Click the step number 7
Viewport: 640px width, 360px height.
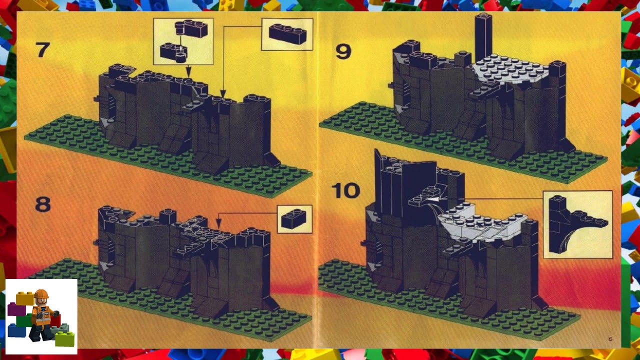[43, 49]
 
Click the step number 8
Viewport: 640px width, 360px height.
[43, 204]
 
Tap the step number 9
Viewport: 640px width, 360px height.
[343, 51]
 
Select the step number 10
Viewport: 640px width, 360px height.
[345, 190]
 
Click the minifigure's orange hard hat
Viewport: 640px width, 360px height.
[41, 293]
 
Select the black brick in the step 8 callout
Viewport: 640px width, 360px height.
[293, 218]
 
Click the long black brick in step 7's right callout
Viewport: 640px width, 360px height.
[287, 34]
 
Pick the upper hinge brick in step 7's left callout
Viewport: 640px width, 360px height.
[191, 28]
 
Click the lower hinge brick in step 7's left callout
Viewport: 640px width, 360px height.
[173, 52]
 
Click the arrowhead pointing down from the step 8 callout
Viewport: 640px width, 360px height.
[218, 223]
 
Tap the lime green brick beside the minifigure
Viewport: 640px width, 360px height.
[65, 338]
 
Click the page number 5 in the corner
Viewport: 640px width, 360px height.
[610, 339]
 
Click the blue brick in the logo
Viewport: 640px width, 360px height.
[17, 330]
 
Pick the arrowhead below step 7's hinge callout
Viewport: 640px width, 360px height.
[188, 71]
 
